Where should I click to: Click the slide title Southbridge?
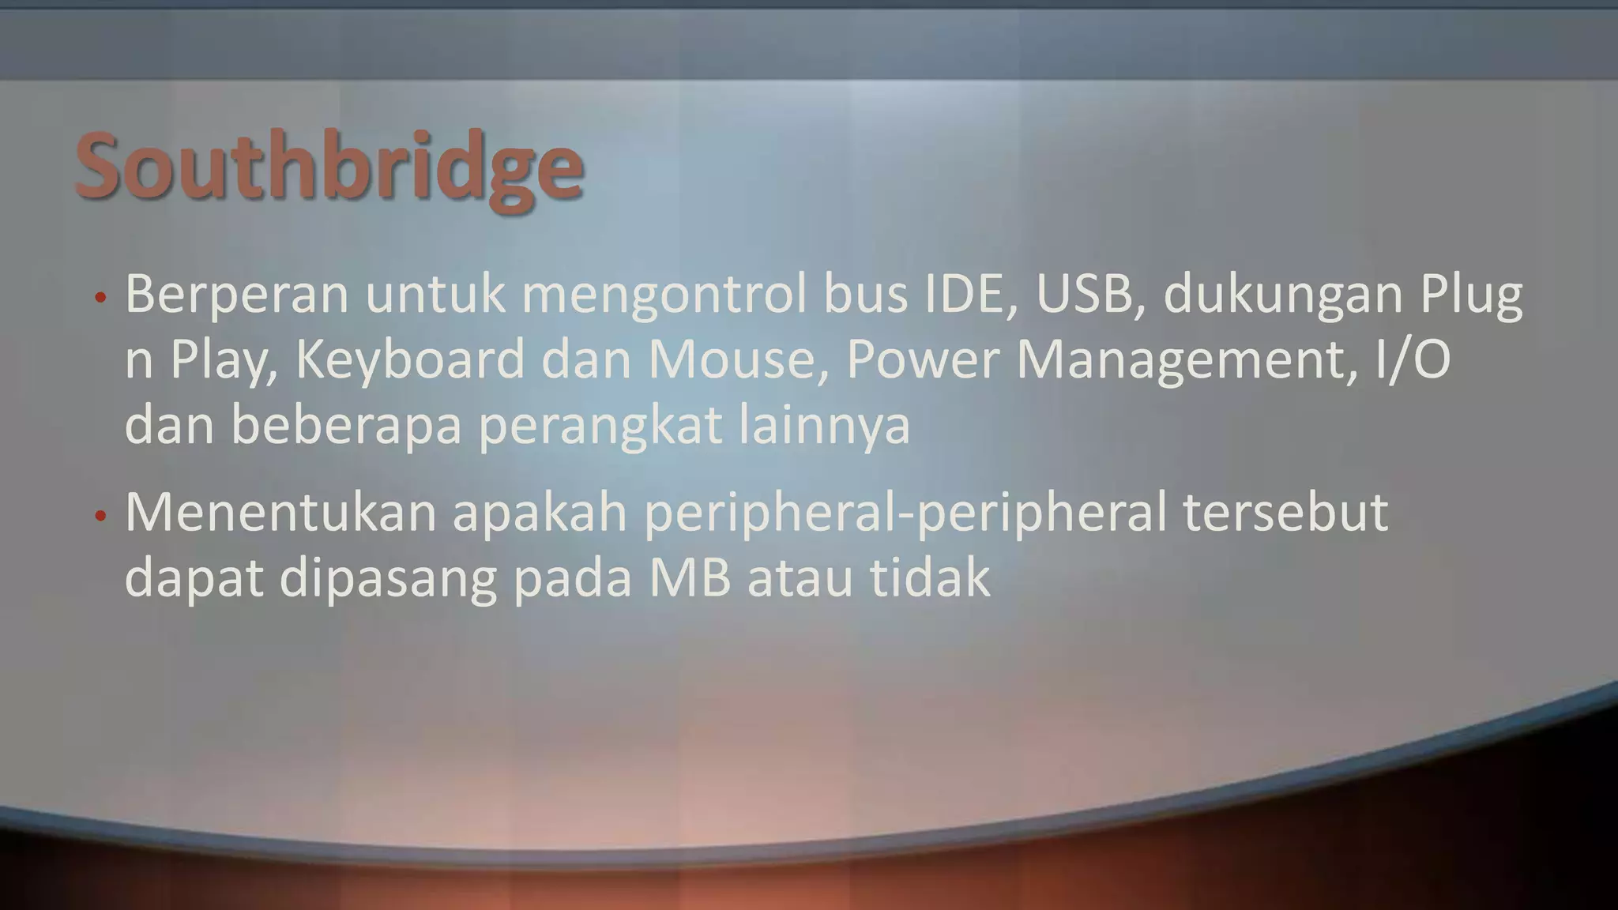[329, 167]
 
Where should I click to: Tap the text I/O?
[1412, 359]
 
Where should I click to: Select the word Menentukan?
[280, 513]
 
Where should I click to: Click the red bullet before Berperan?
[100, 299]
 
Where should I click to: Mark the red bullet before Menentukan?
[100, 517]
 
